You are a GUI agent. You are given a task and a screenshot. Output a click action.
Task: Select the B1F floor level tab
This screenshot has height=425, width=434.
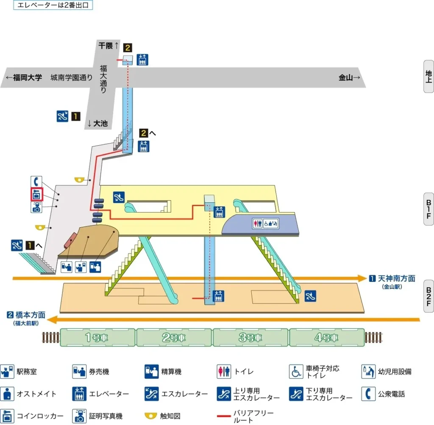pyautogui.click(x=428, y=209)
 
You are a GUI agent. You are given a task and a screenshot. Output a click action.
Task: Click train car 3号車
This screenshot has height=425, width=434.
pyautogui.click(x=250, y=338)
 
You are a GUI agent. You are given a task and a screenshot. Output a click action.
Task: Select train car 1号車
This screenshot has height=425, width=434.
pyautogui.click(x=98, y=338)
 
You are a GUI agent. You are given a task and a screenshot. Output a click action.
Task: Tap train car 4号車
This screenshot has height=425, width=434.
pyautogui.click(x=327, y=338)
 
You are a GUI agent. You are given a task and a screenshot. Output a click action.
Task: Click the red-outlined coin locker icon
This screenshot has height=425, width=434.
pyautogui.click(x=37, y=195)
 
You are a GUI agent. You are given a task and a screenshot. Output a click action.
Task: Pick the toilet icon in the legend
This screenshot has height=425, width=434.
pyautogui.click(x=223, y=372)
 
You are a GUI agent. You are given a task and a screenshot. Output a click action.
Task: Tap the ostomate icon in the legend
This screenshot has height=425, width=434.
pyautogui.click(x=7, y=394)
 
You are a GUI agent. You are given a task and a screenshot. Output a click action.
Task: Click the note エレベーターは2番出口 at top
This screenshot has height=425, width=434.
pyautogui.click(x=53, y=6)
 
